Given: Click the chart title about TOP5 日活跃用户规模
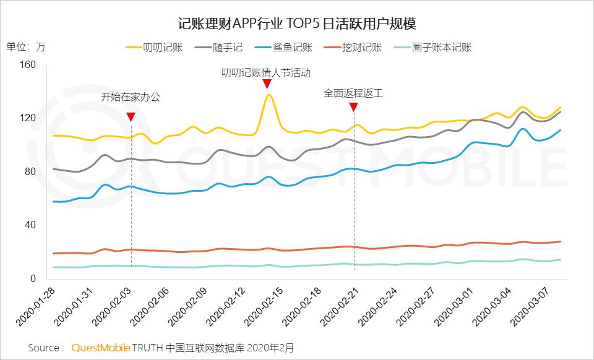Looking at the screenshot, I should pyautogui.click(x=297, y=24).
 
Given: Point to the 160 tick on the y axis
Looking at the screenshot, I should pyautogui.click(x=28, y=65).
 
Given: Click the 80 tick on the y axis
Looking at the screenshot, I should pyautogui.click(x=31, y=172).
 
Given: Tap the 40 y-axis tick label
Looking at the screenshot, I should pyautogui.click(x=31, y=225).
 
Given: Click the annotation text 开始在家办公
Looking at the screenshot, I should pyautogui.click(x=131, y=97).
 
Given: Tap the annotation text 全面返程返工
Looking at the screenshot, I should pyautogui.click(x=353, y=94).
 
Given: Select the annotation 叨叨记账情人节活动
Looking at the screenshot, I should pyautogui.click(x=266, y=72).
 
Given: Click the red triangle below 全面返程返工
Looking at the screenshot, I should pyautogui.click(x=353, y=107).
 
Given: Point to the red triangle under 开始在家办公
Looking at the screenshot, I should pyautogui.click(x=131, y=117).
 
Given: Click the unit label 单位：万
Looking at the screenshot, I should pyautogui.click(x=25, y=47).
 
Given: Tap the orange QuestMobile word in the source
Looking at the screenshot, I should pyautogui.click(x=101, y=348).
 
